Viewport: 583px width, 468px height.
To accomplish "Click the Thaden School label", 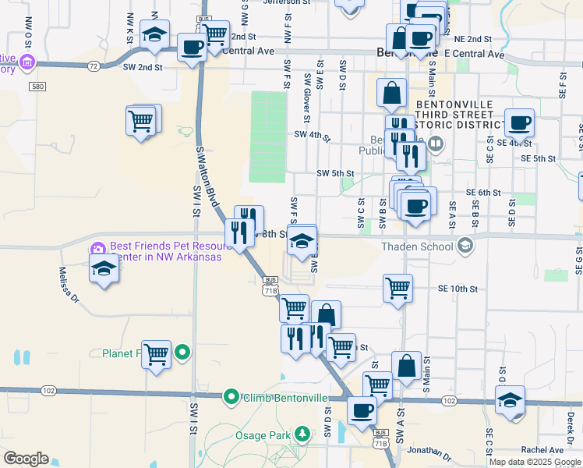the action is coord(416,247).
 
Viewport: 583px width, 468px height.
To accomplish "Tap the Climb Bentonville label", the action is coord(285,398).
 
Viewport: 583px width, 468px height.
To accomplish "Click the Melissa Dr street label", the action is coord(69,285).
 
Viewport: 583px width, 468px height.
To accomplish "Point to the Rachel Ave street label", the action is coord(542,450).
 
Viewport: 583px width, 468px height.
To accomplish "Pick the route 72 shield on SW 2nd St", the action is coord(94,66).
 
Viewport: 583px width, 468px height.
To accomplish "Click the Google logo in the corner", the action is coord(26,458).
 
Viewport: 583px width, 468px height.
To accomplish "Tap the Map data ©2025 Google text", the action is coord(535,462).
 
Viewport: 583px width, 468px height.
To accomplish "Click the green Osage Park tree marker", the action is coord(301,433).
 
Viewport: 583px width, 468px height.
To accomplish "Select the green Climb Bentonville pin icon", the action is coord(231,398).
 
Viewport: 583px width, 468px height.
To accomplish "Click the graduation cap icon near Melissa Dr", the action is coord(103,270).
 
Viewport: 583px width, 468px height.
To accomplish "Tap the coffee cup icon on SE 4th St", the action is coord(519,122).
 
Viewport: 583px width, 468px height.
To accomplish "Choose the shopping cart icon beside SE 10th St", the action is coord(397,288).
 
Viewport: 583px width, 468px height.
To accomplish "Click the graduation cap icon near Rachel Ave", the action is coord(510,400).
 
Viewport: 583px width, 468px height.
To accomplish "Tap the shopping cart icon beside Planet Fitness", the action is coord(157,353).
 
